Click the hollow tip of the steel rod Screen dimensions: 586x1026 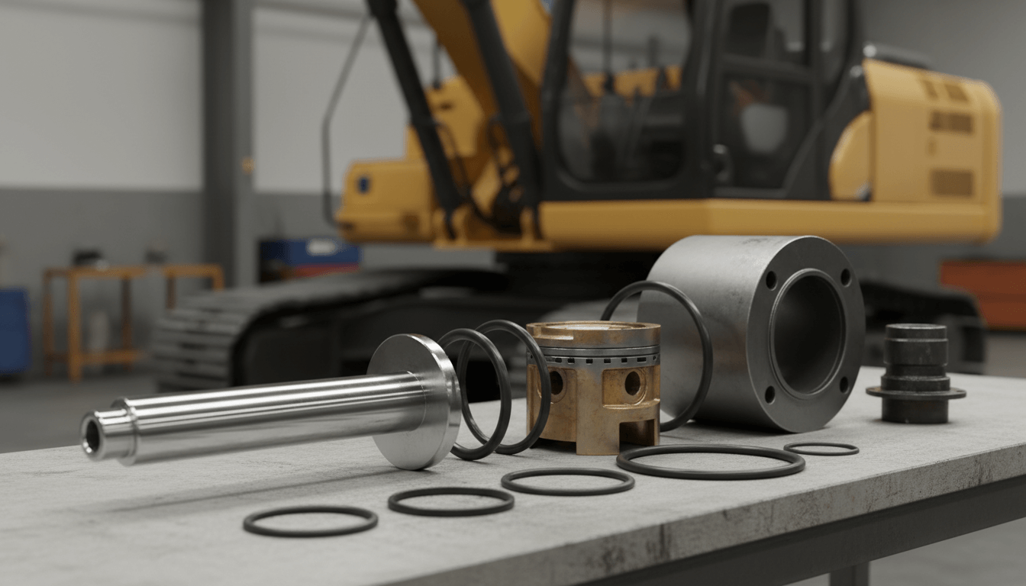92,435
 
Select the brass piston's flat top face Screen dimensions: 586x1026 594,330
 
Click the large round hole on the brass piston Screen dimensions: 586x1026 633,383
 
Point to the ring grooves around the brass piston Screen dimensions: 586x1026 594,356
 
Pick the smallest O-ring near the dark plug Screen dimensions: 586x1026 821,449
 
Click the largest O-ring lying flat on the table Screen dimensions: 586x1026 710,462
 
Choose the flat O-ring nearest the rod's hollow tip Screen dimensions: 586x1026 310,520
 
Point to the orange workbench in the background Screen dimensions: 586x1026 130,305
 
